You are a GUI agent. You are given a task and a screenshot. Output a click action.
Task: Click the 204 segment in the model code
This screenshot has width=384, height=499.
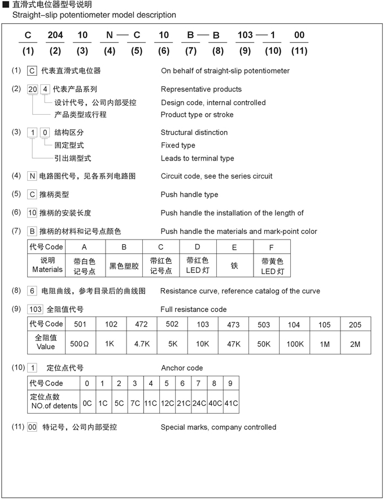pos(55,35)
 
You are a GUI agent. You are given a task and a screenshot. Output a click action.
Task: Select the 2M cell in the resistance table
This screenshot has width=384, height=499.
pos(355,344)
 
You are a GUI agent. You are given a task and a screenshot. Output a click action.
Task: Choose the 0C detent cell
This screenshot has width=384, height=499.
pos(87,403)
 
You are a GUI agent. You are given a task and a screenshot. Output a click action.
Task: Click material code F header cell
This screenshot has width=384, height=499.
pos(272,247)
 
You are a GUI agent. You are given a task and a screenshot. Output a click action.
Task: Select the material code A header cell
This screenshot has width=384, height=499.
pos(84,247)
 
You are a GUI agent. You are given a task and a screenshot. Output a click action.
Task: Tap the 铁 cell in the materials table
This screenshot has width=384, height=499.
pos(234,266)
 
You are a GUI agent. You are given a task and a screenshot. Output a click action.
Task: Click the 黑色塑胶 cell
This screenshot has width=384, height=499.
pos(124,266)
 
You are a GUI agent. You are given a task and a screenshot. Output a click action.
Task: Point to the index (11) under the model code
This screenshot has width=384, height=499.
pos(299,51)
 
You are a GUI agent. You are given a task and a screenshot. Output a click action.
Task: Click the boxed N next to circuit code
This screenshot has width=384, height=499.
pos(32,176)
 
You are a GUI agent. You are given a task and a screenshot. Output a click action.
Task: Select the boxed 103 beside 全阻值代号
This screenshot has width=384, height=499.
pos(35,309)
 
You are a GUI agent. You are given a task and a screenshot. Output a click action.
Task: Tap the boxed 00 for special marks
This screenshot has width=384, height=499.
pos(32,427)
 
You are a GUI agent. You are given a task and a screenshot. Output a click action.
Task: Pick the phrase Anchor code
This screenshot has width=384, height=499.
pos(182,368)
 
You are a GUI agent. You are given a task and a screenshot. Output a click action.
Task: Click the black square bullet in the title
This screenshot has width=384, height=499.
pos(6,5)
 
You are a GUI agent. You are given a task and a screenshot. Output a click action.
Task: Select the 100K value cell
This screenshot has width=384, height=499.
pos(294,344)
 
